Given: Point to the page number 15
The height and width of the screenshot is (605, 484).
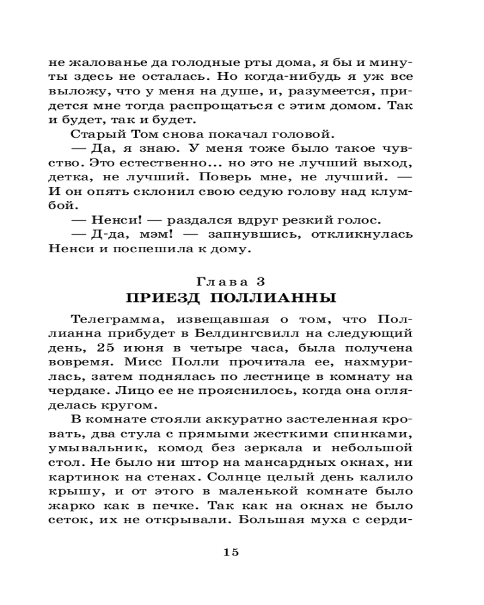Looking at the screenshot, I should point(232,552).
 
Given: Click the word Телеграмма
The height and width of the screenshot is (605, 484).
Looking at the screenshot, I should point(112,319).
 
